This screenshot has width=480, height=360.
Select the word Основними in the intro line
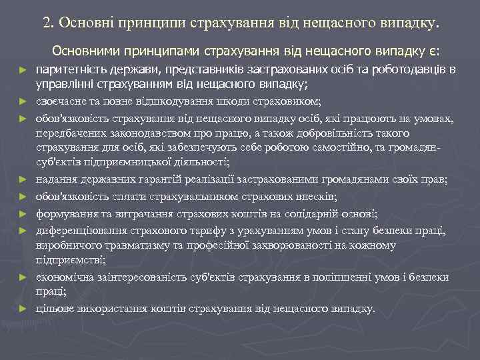pyautogui.click(x=83, y=51)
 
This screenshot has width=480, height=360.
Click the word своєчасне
pyautogui.click(x=59, y=101)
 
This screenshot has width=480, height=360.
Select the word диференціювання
pyautogui.click(x=76, y=230)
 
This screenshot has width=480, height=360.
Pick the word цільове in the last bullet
pyautogui.click(x=55, y=309)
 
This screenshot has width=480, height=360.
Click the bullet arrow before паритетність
pyautogui.click(x=23, y=69)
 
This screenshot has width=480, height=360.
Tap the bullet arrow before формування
pyautogui.click(x=23, y=214)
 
